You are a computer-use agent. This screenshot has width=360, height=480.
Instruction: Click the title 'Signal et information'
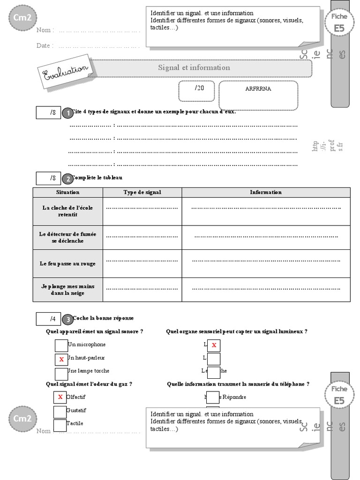click(194, 67)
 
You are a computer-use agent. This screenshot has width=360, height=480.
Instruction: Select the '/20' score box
click(196, 90)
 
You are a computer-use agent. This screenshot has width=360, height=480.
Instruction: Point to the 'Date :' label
click(45, 45)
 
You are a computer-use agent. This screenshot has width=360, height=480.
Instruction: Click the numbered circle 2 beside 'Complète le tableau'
click(67, 179)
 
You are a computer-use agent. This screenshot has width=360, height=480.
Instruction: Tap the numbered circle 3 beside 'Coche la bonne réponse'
click(67, 320)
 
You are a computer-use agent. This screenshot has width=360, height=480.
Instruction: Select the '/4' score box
click(48, 319)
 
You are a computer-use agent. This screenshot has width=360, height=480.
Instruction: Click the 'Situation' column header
click(67, 192)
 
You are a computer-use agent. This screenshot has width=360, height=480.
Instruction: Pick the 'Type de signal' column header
click(142, 192)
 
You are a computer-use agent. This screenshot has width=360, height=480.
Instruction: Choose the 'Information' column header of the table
click(266, 192)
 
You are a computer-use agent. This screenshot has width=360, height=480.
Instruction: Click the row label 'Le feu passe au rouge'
click(67, 263)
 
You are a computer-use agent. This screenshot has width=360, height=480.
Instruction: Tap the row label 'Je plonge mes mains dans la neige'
click(67, 290)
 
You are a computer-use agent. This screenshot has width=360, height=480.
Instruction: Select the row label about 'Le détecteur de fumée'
click(67, 237)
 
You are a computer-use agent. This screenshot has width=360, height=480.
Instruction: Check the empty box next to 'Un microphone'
click(61, 345)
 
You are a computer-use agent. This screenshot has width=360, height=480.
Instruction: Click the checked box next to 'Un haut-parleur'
click(61, 359)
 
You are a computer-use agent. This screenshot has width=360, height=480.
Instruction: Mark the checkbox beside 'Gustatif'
click(60, 412)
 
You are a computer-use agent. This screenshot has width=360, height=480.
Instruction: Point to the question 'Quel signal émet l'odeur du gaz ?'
click(89, 384)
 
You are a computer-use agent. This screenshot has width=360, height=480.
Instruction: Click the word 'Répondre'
click(234, 397)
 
